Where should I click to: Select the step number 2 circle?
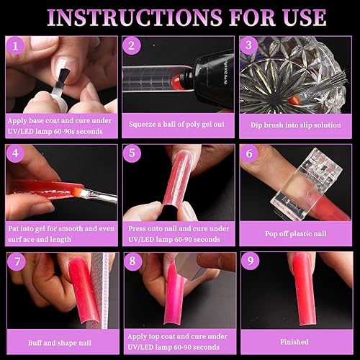pos(132,48)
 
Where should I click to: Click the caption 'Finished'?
pos(295,341)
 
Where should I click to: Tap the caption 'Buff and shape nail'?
pos(61,341)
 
